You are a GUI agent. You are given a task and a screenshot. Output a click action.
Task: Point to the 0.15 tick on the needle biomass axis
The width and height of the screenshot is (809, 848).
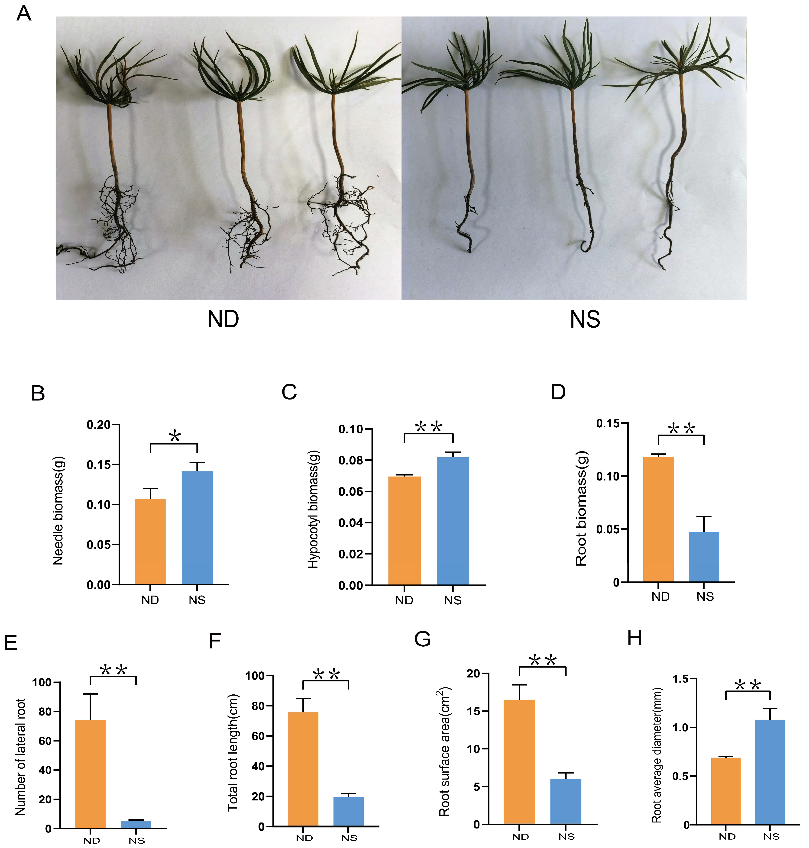coord(99,465)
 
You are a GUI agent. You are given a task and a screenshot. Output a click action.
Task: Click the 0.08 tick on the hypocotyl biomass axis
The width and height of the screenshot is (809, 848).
coord(350,461)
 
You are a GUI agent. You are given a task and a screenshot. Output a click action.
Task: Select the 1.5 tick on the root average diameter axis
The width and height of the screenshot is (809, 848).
coord(681,679)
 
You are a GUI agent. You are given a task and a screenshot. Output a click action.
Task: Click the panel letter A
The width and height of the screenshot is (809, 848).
coord(24,14)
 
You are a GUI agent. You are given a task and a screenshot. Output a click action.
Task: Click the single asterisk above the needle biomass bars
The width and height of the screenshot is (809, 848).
coord(175,436)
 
